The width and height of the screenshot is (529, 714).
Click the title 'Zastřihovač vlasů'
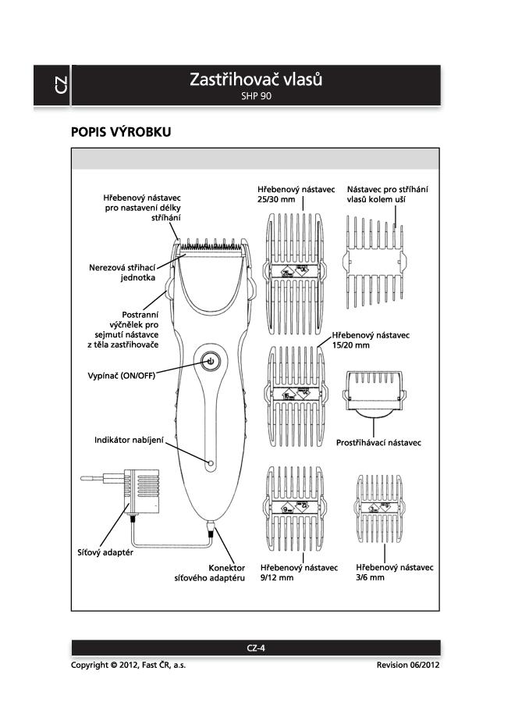coord(256,80)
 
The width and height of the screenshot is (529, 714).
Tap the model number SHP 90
coord(256,97)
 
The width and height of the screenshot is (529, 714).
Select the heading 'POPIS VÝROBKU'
coord(121,132)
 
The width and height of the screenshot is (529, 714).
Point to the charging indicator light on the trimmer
coord(210,463)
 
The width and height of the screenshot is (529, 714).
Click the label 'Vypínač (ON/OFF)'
coord(121,376)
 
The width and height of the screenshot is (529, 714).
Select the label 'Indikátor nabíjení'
coord(129,441)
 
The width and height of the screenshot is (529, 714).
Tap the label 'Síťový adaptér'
coord(103,552)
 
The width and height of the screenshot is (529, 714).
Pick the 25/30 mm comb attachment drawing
coord(295,270)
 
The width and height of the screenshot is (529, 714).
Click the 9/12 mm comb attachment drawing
coord(295,509)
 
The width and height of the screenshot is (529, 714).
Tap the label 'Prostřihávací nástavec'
coord(378,442)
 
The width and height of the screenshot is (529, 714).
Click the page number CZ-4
coord(256,648)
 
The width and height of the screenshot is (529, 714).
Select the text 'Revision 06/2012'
coord(408,665)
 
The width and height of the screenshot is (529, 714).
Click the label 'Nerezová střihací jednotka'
coord(122,273)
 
